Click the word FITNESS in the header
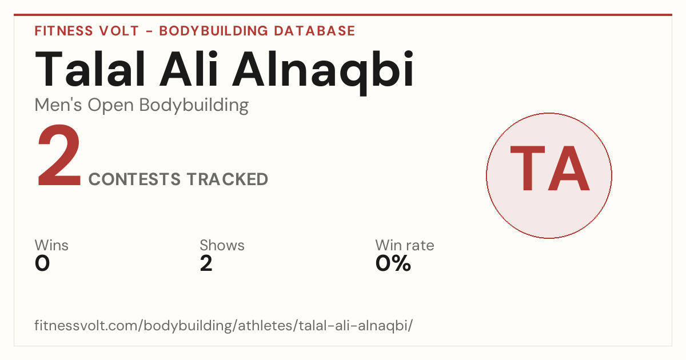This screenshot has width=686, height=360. pos(63,31)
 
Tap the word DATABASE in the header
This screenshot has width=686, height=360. pos(314,31)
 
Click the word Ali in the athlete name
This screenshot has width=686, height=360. pos(189,69)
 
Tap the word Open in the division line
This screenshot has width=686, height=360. pos(111,106)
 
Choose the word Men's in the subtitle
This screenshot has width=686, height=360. pos(58,105)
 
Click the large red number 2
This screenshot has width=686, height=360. pos(59,155)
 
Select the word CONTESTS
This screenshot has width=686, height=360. pos(134,179)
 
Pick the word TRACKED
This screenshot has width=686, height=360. pos(228,179)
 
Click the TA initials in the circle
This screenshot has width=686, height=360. pos(550,169)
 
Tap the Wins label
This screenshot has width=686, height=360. pos(51,245)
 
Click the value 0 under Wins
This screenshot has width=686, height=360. pos(42,263)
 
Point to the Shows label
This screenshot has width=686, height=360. pos(222,245)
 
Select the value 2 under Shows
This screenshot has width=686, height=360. pos(206,263)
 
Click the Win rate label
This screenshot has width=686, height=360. pos(405,245)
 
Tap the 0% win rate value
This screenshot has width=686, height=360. pos(393,263)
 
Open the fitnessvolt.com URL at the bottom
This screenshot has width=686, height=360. pos(224,325)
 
